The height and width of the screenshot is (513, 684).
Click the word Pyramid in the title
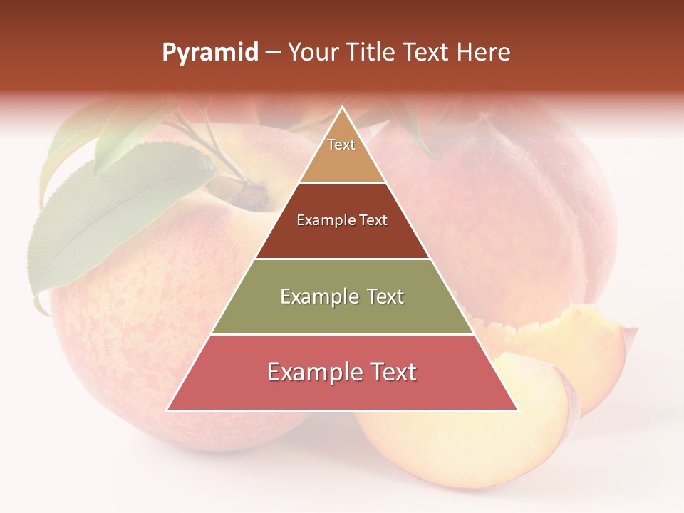(209, 53)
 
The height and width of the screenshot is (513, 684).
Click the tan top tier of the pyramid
(342, 160)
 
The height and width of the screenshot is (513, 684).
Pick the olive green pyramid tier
(342, 313)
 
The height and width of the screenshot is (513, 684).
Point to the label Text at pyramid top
(341, 145)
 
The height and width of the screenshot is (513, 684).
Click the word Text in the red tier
(388, 372)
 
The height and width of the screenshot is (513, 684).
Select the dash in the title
(273, 53)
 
